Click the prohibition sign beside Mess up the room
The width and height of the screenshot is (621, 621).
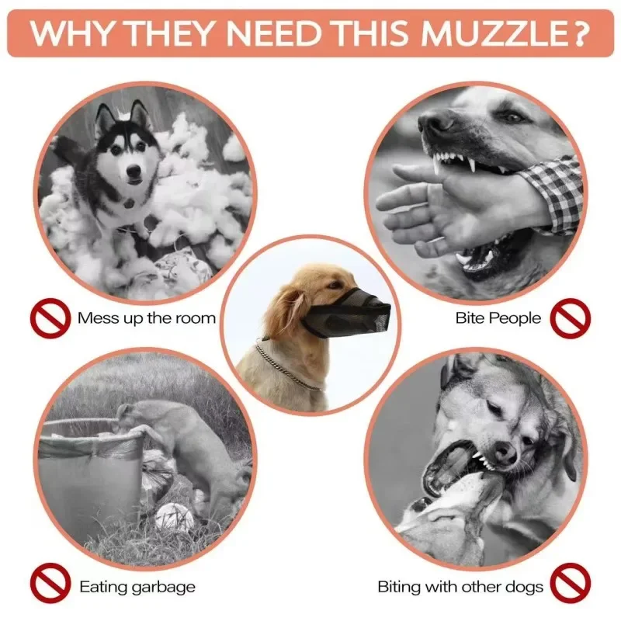(49, 317)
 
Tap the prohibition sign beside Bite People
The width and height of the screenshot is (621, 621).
(571, 317)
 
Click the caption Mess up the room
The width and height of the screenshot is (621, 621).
(147, 318)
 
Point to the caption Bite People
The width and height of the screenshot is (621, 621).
(498, 318)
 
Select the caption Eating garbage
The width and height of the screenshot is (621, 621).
(137, 587)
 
